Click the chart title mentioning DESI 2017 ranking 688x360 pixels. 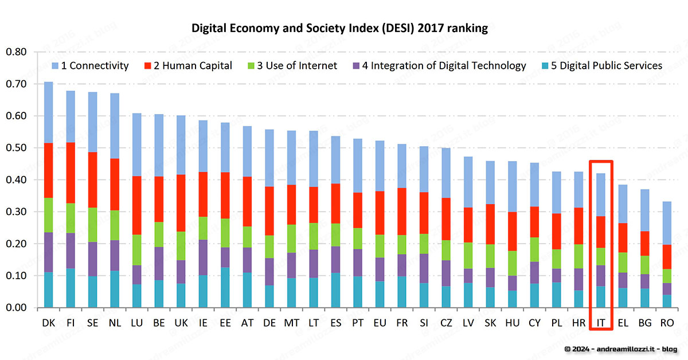point(339,28)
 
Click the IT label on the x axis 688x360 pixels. point(601,323)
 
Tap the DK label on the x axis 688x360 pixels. point(49,323)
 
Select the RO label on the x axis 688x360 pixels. point(667,323)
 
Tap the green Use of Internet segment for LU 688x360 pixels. point(137,250)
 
